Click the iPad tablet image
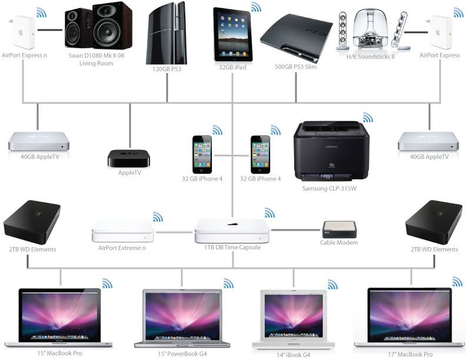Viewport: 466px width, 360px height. (231, 34)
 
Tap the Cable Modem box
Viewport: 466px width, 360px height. (338, 229)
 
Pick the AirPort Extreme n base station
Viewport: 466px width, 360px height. (123, 232)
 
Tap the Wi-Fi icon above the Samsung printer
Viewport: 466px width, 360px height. (367, 117)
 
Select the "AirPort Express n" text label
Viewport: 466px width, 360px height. (25, 55)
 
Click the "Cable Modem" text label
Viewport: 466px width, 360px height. (338, 242)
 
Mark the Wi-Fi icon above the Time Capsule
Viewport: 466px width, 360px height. (269, 212)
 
